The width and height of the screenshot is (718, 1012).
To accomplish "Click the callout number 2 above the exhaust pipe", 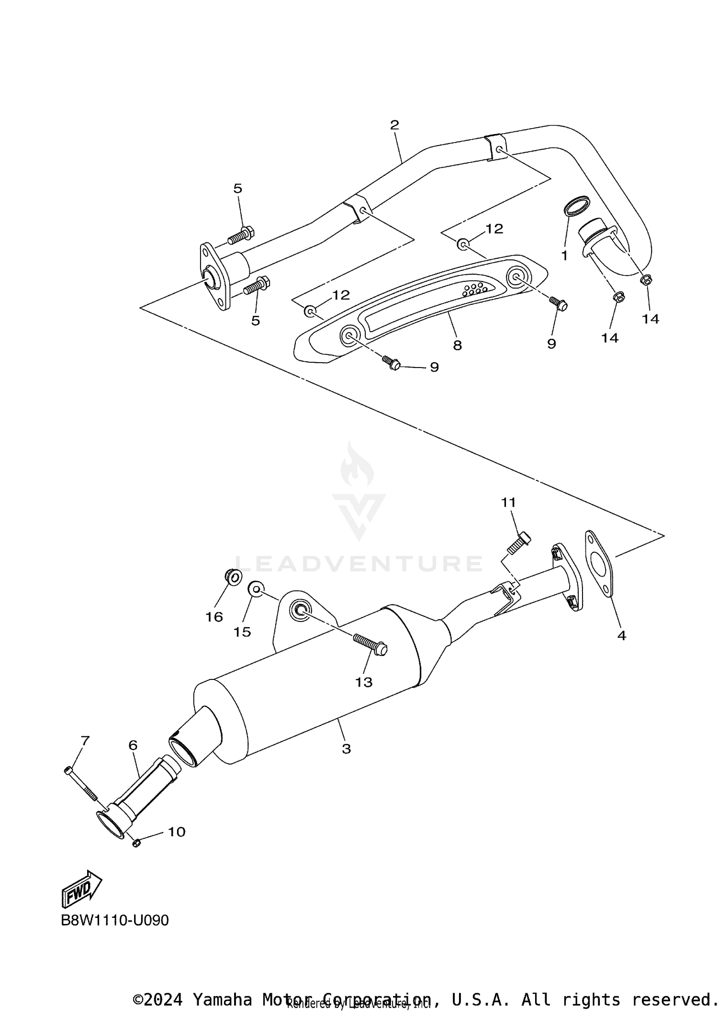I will coord(394,125).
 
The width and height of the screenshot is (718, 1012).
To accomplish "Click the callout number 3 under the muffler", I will coord(346,749).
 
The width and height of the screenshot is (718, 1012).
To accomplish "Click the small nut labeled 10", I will coord(135,843).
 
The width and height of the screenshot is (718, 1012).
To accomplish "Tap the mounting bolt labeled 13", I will coord(370,644).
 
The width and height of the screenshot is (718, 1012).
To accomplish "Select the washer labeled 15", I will coord(255,589).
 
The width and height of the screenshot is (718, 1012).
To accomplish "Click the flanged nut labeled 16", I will coord(232,577).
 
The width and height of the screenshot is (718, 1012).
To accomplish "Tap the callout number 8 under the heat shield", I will coord(457,345).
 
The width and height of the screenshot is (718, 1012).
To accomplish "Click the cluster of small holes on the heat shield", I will coord(474,289).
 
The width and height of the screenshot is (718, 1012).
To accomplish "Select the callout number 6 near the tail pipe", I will coord(133,745).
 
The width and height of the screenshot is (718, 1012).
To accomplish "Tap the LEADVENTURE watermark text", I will coord(359,564).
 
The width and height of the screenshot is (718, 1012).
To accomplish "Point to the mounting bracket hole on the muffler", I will coord(300,610).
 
